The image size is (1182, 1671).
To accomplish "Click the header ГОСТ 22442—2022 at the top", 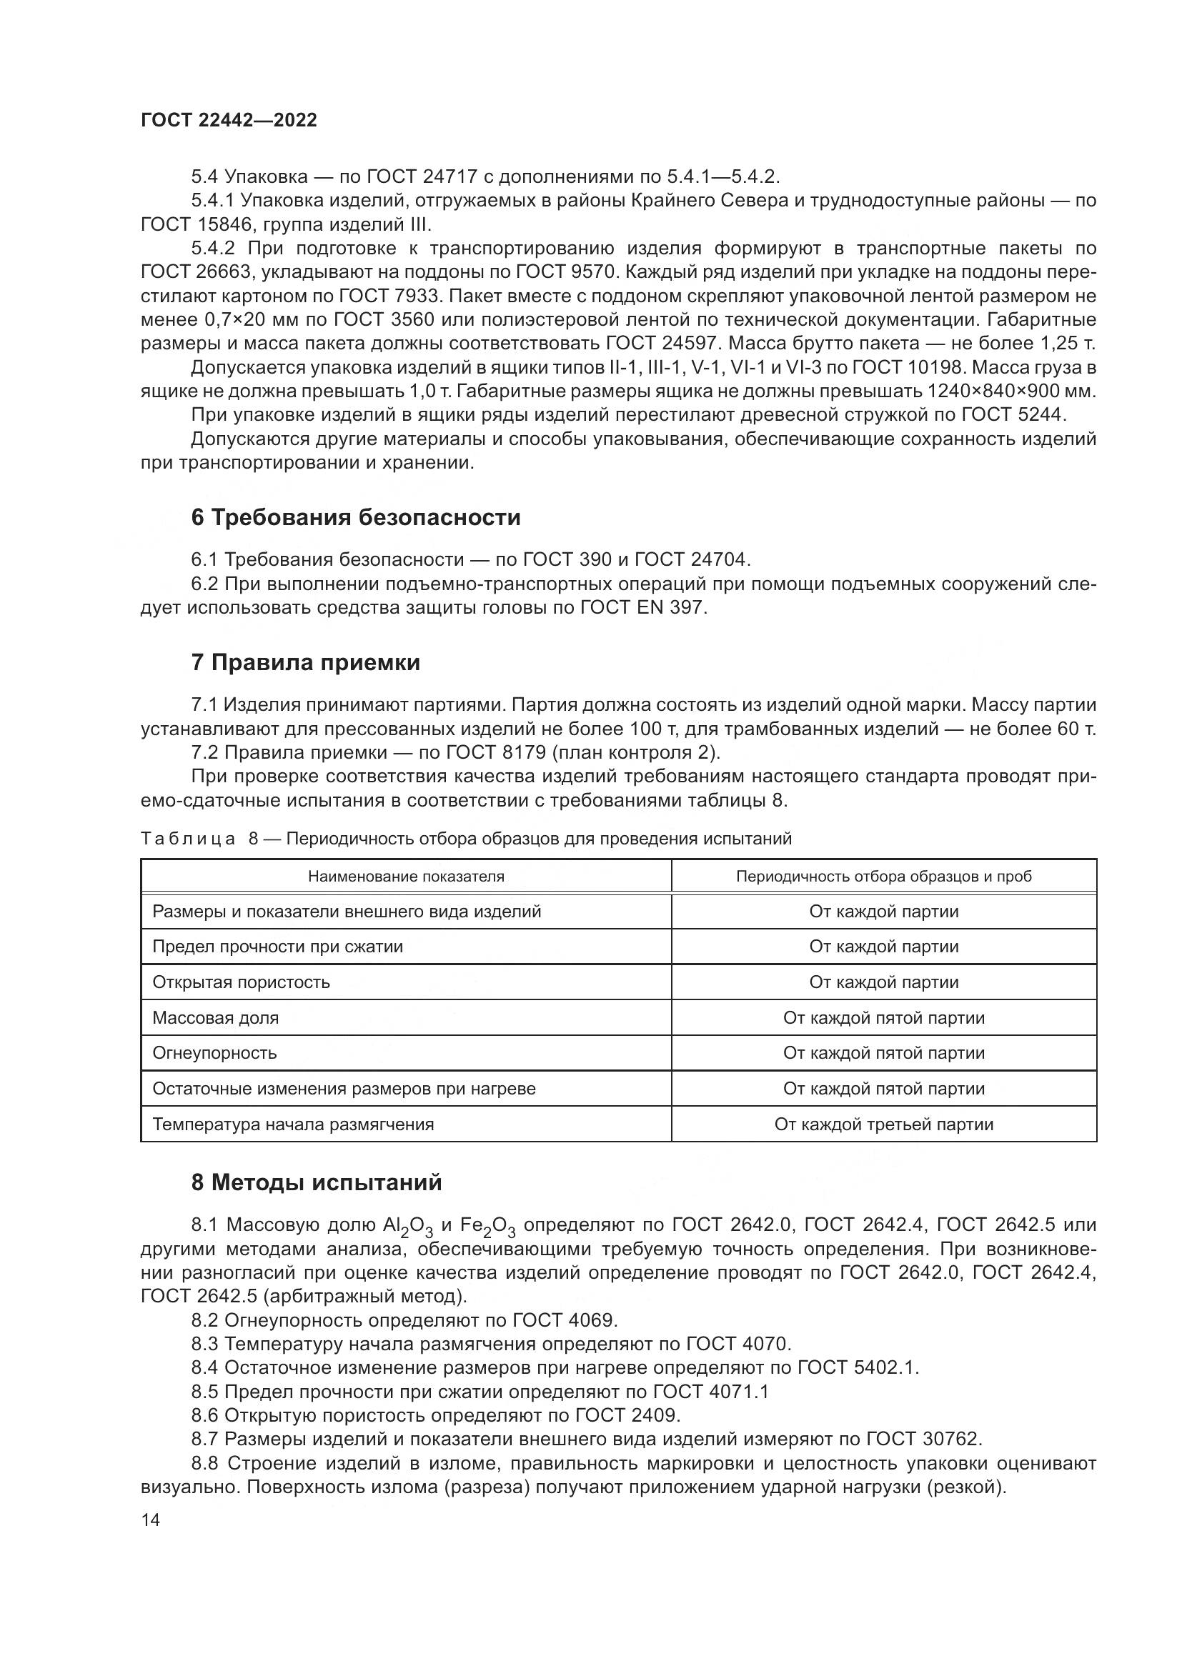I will (229, 121).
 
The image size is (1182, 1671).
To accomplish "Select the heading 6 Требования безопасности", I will (356, 517).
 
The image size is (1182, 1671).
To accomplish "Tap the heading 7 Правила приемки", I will (306, 662).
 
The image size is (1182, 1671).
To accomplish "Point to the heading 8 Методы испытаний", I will (317, 1182).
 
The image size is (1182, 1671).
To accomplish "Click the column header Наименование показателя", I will (405, 877).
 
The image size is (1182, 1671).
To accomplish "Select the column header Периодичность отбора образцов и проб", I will (883, 877).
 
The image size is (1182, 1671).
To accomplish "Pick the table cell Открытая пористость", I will (241, 982).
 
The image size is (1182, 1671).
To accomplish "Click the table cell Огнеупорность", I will (214, 1053).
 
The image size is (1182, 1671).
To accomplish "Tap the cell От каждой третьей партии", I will (883, 1124).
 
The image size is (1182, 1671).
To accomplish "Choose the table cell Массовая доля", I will (215, 1018).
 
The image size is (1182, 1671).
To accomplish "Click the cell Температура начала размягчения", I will (293, 1124).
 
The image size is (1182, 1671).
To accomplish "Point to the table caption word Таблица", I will (188, 839).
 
